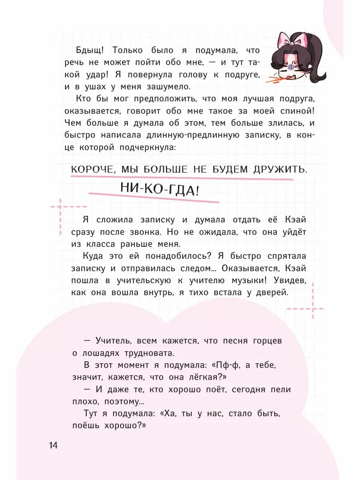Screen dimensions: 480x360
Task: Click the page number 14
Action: [53, 445]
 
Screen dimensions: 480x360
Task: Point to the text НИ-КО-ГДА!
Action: [160, 189]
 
